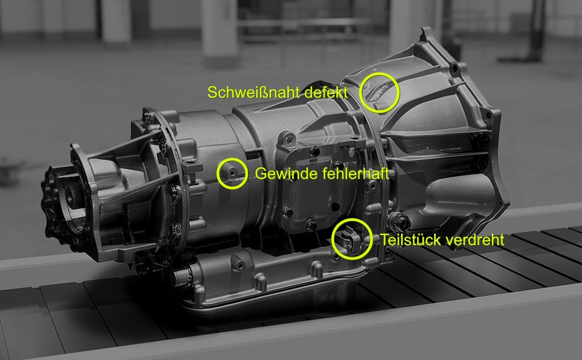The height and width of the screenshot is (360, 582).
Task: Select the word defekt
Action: pos(326,92)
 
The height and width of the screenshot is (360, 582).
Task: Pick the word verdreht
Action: pos(473,240)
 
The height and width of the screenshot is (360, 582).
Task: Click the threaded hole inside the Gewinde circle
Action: pos(232,173)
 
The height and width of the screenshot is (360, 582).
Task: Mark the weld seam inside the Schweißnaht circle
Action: pos(377,91)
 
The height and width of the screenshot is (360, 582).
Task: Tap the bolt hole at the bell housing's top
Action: pos(453,69)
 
